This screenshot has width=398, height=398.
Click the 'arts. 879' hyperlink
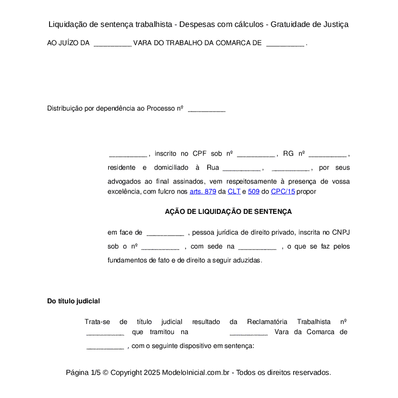(x=203, y=191)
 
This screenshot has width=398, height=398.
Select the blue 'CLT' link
(x=234, y=191)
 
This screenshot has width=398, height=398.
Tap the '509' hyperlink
(x=254, y=191)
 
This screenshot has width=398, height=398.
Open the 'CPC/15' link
(x=283, y=191)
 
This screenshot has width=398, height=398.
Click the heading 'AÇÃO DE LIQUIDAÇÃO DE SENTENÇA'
(x=228, y=211)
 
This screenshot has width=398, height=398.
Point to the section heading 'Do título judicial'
(x=74, y=301)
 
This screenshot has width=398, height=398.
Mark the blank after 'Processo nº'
(x=207, y=109)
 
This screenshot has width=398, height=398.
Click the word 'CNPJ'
(x=341, y=233)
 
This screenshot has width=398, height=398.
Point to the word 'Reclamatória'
(x=267, y=322)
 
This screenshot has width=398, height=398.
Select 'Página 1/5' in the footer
(x=83, y=373)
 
